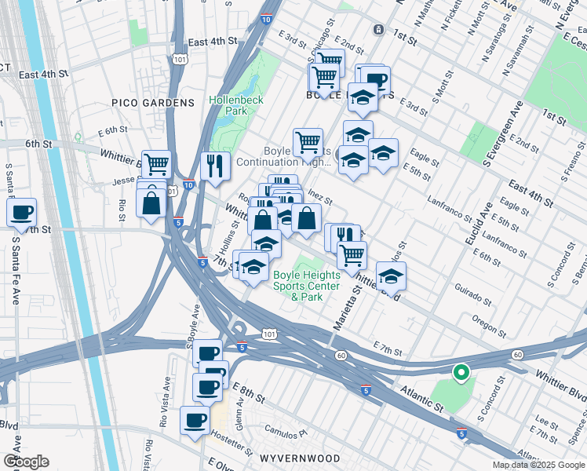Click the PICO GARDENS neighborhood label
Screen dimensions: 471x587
point(152,103)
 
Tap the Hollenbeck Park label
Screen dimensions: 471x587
point(236,106)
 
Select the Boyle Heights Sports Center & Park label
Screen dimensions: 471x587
point(307,286)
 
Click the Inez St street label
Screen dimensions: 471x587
point(321,195)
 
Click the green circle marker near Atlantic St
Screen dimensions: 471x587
point(461,372)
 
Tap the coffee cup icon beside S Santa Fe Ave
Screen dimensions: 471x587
point(22,211)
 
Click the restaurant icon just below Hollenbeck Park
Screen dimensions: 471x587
point(214,165)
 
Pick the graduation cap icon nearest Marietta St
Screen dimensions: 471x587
point(391,276)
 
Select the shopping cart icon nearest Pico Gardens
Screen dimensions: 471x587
point(157,164)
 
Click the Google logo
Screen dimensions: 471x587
point(26,462)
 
